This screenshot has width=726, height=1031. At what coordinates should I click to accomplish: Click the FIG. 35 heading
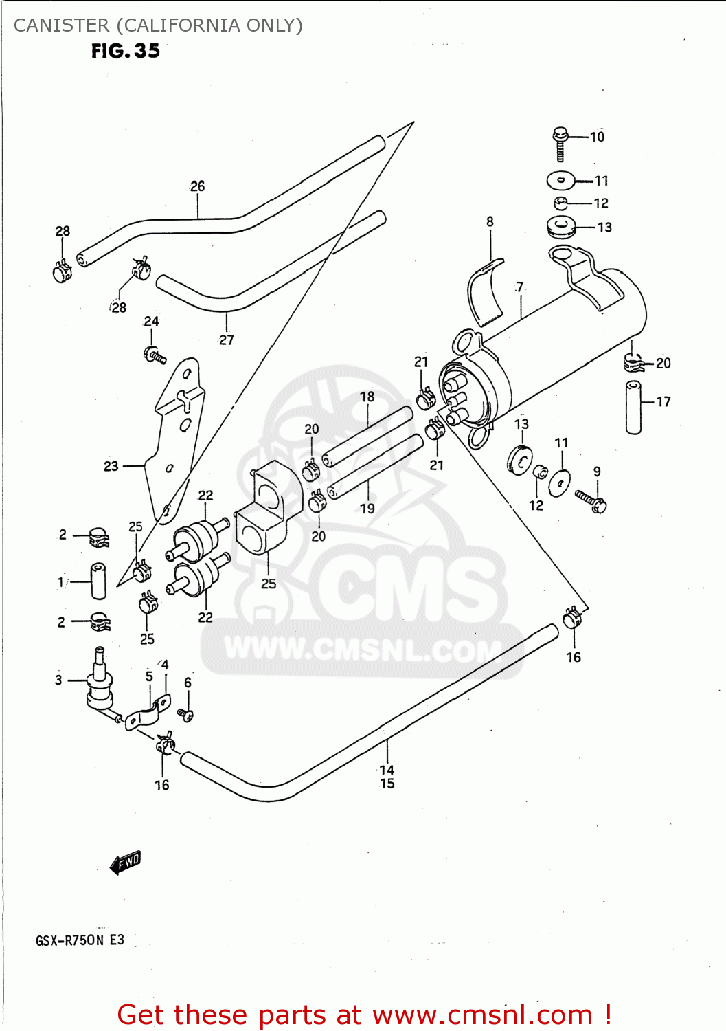(x=126, y=51)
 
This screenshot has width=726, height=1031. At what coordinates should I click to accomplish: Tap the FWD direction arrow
(x=126, y=863)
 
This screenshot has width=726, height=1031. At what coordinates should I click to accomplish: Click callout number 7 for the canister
(x=520, y=287)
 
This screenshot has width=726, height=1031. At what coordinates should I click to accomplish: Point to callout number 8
(x=490, y=221)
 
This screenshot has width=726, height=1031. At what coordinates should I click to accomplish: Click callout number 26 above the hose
(x=197, y=186)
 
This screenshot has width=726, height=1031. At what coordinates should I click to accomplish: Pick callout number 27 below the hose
(x=227, y=340)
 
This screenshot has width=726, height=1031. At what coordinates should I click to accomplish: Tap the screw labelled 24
(x=155, y=355)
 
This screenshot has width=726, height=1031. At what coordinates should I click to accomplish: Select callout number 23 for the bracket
(x=111, y=466)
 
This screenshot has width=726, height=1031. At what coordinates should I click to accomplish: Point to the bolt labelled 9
(x=590, y=500)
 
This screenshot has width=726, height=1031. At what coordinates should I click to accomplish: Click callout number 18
(x=367, y=397)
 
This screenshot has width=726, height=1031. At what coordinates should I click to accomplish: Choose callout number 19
(x=367, y=509)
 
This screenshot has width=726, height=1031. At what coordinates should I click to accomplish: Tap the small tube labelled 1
(x=98, y=581)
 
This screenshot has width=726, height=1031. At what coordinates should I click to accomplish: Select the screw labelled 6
(x=185, y=715)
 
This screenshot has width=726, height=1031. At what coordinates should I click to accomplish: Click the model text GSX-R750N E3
(x=80, y=940)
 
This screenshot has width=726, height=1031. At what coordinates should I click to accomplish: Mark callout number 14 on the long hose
(x=387, y=770)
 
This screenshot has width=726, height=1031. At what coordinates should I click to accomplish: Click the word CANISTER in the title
(x=61, y=25)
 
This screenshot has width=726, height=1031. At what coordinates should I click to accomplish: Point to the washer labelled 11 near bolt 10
(x=560, y=181)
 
